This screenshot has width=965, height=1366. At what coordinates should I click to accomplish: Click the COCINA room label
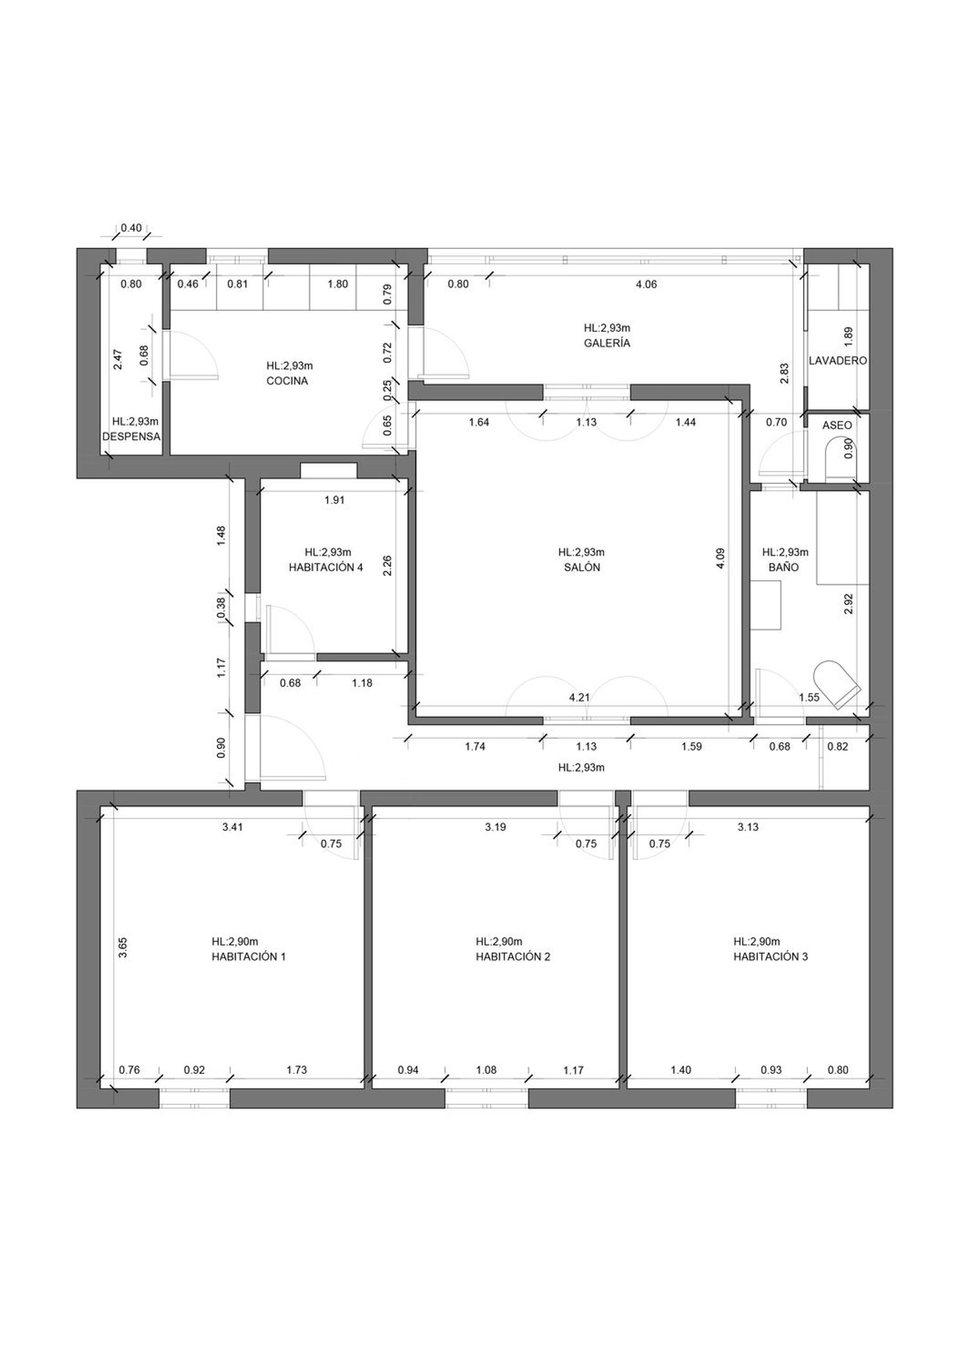coord(287,381)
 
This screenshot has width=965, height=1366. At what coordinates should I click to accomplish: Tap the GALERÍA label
coord(607,343)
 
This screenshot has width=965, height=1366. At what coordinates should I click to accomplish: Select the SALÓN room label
coord(582,568)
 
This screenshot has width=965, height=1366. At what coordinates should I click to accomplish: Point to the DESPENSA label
coord(131,436)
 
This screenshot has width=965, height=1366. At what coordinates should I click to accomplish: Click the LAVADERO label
coord(838,361)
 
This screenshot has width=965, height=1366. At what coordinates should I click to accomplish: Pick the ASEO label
coord(837,425)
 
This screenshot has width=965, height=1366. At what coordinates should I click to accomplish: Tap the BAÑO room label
coord(784,568)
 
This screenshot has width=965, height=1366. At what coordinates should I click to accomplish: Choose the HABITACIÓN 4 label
coord(326,568)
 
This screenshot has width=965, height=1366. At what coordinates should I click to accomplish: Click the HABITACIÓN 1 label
coord(248,957)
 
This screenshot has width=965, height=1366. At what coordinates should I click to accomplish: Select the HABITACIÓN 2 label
coord(513,957)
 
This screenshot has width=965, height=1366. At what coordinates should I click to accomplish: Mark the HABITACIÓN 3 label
coord(771,957)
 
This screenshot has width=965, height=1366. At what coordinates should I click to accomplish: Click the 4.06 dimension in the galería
coord(647,284)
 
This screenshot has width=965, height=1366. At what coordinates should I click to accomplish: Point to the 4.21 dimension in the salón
coord(580,697)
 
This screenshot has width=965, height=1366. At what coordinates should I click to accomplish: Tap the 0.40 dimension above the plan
coord(131,228)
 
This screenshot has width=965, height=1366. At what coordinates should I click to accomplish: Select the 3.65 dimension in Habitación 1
coord(123,948)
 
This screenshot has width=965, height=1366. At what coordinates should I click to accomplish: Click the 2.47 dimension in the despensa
coord(118,359)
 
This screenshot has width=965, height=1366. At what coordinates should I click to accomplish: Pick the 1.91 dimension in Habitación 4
coord(335,500)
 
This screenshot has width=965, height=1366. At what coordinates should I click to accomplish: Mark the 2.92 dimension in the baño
coord(848,604)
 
